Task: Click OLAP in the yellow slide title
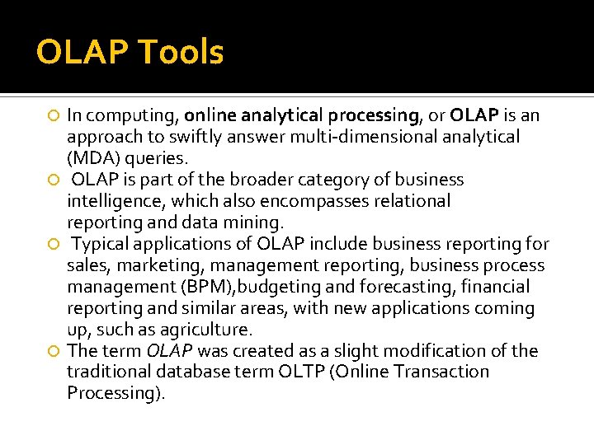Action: [80, 53]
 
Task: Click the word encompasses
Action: [318, 201]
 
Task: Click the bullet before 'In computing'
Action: [54, 115]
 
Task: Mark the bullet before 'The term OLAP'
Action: [54, 351]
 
